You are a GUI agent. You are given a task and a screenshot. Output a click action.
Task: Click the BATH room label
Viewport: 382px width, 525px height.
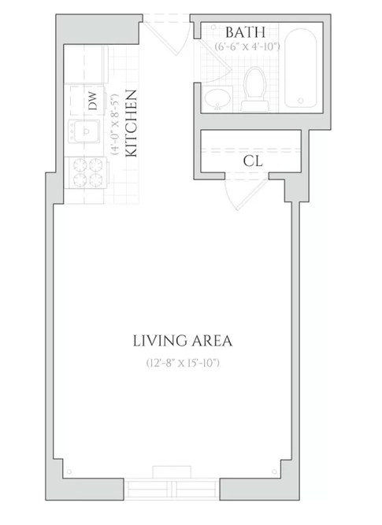245,32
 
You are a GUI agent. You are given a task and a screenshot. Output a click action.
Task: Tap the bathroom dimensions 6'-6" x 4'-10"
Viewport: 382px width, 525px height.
247,46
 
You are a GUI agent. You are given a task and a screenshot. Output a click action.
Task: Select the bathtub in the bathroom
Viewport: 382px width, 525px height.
301,68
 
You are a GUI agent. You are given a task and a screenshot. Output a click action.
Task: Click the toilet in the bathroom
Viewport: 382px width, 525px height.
255,89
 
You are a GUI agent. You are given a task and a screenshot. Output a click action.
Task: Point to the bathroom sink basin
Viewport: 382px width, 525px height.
217,98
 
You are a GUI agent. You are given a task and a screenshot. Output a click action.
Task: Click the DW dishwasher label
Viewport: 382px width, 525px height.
93,101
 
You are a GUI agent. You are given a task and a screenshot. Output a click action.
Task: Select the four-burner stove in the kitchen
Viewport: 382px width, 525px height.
87,172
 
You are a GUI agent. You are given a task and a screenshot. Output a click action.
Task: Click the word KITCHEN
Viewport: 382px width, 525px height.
131,124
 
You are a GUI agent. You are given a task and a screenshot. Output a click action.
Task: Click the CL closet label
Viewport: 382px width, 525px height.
253,161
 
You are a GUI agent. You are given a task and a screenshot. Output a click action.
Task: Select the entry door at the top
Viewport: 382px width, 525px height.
166,38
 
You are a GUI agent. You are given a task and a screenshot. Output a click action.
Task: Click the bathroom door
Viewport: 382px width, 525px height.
214,61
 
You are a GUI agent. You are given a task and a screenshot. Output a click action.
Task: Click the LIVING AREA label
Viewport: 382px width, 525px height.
183,341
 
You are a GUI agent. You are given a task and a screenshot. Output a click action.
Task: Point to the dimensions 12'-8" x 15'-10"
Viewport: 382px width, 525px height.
183,363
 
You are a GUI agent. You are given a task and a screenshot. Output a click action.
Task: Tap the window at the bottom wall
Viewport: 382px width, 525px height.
172,490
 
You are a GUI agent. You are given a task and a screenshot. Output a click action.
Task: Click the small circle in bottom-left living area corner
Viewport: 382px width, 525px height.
69,471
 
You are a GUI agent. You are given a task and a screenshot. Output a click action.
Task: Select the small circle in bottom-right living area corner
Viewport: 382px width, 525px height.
274,471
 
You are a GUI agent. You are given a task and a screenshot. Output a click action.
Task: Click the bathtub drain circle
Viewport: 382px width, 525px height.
301,101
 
